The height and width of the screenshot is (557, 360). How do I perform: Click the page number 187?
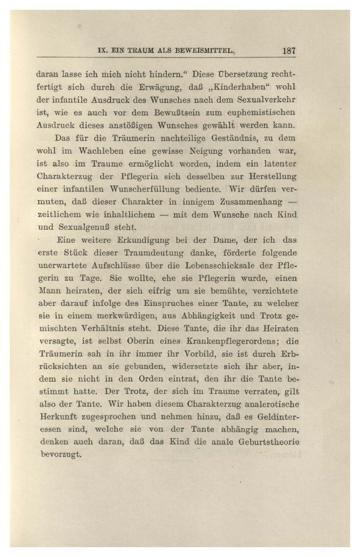(x=289, y=50)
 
